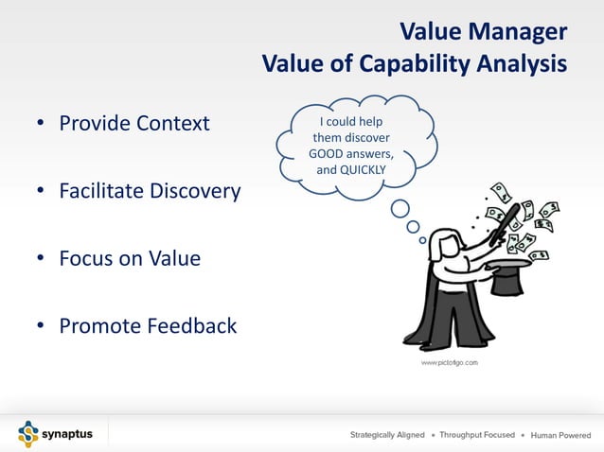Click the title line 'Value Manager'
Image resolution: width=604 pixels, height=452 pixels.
[484, 32]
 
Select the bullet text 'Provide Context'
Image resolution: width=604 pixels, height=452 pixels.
[134, 123]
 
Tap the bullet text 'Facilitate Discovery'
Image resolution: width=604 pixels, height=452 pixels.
[150, 191]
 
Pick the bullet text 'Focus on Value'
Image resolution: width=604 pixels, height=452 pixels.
[130, 258]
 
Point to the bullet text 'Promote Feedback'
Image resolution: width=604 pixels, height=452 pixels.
[148, 326]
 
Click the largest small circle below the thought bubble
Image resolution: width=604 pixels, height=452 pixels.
[400, 208]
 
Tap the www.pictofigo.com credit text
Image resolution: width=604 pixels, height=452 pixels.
[449, 362]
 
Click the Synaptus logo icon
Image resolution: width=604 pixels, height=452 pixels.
[28, 434]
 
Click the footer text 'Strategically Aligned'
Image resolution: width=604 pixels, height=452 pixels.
[387, 435]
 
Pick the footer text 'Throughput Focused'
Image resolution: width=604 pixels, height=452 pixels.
[477, 435]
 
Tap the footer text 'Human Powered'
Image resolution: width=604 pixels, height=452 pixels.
[560, 435]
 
